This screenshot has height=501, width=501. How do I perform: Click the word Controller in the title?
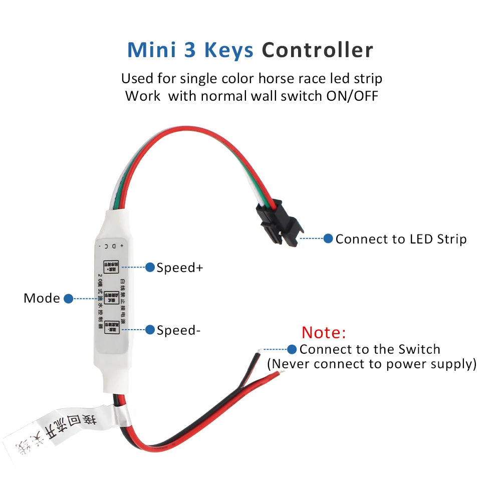point(317,51)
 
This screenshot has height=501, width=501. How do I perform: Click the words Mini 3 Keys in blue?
point(192,51)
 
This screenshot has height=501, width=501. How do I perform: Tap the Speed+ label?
point(180,268)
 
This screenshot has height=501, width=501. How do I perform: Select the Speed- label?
point(178,330)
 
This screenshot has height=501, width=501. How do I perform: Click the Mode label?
point(42,299)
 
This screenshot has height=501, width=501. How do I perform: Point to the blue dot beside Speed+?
point(150,268)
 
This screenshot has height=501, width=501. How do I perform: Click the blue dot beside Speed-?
point(150,330)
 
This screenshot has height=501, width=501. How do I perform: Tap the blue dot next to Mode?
point(69,299)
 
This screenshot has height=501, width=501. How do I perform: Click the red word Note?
point(324,332)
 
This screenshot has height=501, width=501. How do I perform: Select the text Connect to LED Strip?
point(401,239)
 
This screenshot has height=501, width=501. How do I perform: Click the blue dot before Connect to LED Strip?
point(328,238)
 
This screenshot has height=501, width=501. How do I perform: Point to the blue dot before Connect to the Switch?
point(292,349)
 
